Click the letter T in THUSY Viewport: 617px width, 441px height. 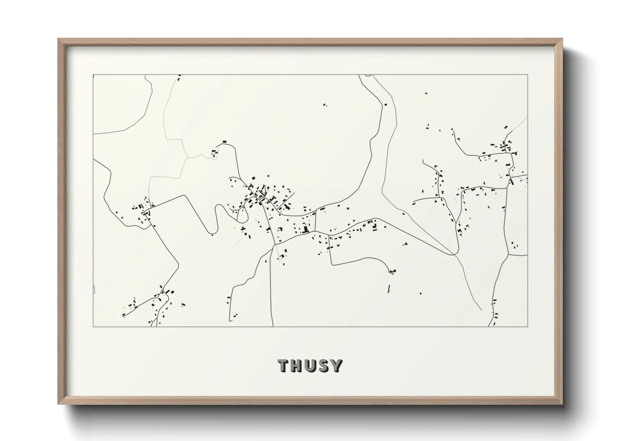(x=285, y=366)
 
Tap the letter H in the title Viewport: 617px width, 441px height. (x=298, y=366)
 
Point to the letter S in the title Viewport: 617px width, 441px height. (x=325, y=366)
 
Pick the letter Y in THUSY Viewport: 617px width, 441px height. (x=337, y=366)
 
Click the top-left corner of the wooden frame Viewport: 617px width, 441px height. (x=58, y=39)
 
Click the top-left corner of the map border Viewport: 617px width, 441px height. (x=93, y=75)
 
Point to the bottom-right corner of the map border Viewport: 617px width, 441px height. (x=528, y=326)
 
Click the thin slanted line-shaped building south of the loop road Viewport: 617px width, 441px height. (x=389, y=288)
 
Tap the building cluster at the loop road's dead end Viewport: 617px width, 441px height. (x=392, y=272)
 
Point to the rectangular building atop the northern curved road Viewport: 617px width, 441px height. (x=224, y=142)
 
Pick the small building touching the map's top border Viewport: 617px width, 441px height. (x=180, y=77)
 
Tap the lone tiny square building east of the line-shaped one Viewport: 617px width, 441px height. (x=420, y=293)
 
